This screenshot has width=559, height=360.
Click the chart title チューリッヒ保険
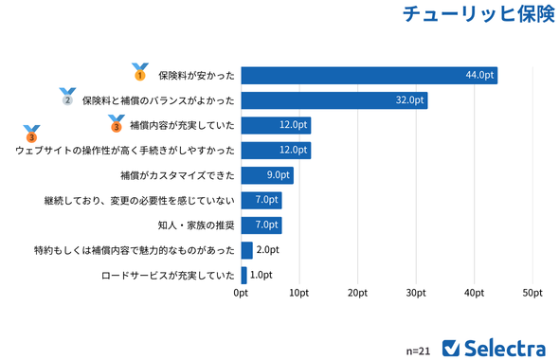coord(478,15)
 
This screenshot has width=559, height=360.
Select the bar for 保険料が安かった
coord(369,76)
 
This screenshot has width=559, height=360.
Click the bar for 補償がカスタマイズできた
coord(267,175)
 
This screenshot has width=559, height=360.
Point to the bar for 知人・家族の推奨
coord(261,225)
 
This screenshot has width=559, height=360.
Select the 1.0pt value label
coord(261,275)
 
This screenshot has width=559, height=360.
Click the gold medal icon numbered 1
coord(139,72)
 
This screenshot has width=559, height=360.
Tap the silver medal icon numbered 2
coord(67,97)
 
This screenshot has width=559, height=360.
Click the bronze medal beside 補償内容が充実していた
coord(117,122)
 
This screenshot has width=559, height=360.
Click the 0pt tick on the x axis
coord(241,294)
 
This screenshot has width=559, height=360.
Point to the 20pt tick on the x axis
coord(357,294)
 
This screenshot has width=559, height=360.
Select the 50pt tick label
coord(532,294)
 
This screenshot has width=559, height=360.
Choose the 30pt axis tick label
coord(415,294)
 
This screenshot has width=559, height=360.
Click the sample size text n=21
coord(418,350)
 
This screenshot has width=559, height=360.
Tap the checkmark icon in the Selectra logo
coord(451,347)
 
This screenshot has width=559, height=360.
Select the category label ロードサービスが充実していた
coord(167,276)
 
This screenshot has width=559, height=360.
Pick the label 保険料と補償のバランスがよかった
coord(158,100)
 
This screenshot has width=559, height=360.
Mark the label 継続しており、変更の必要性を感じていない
coord(138,201)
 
